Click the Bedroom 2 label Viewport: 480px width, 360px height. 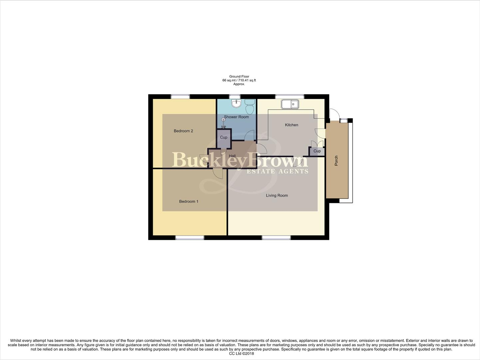[183, 131]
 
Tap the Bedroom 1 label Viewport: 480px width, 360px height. [189, 201]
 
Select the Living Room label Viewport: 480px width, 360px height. [277, 196]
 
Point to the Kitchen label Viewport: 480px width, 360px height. [291, 125]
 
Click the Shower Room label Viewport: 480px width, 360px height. [236, 117]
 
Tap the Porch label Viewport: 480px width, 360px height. [336, 161]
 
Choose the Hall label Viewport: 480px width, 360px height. [232, 156]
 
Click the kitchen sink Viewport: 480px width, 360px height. [290, 104]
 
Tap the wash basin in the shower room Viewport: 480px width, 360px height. [236, 104]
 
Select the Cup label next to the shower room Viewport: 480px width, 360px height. [224, 137]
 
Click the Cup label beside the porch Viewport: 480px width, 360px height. [317, 151]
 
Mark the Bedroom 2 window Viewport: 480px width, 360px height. [180, 97]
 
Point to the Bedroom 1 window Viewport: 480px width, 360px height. [190, 238]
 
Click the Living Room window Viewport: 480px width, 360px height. [276, 238]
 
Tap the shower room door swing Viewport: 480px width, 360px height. [249, 136]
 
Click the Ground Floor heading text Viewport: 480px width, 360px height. [239, 77]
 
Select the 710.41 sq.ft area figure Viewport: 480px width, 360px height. [247, 80]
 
